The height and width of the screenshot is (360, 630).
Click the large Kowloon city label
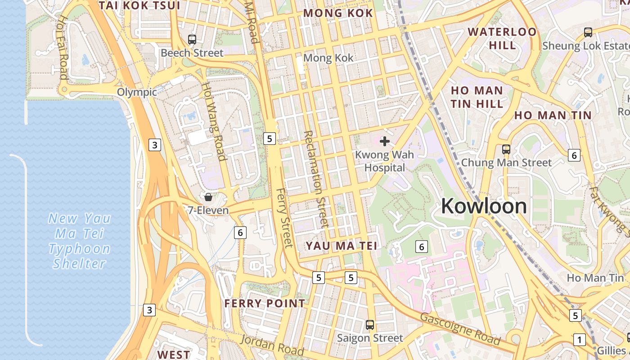(x=484, y=206)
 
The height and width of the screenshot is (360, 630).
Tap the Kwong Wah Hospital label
(x=380, y=161)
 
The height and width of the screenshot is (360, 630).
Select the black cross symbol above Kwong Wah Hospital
(x=384, y=142)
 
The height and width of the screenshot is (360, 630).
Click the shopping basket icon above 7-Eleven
(x=208, y=197)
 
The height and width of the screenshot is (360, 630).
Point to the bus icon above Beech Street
(x=192, y=39)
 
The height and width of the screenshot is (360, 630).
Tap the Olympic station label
(x=137, y=92)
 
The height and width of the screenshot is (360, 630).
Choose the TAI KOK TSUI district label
(x=139, y=5)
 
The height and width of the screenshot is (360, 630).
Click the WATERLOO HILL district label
(x=502, y=38)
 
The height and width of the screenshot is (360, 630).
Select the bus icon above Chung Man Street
(x=506, y=149)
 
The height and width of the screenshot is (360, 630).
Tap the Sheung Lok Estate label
(x=585, y=46)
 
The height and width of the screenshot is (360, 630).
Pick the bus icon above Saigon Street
(x=370, y=324)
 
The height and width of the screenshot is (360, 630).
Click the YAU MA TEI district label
(x=342, y=246)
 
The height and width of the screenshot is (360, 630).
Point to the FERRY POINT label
(x=265, y=303)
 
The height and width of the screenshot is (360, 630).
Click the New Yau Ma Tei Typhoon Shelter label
(x=80, y=241)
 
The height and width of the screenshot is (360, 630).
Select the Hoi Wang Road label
(x=213, y=121)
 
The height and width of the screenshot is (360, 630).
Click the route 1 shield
(x=580, y=340)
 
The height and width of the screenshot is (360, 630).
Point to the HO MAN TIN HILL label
(x=477, y=97)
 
